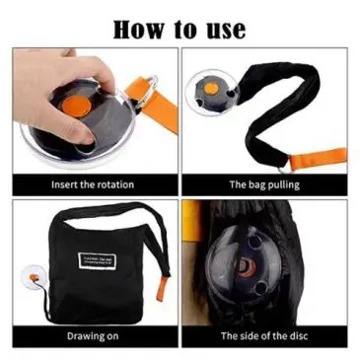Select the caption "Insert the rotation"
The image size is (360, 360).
(x=94, y=183)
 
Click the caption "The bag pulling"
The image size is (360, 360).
(x=264, y=183)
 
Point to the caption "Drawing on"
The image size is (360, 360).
(x=94, y=335)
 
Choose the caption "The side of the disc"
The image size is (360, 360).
(x=264, y=335)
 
